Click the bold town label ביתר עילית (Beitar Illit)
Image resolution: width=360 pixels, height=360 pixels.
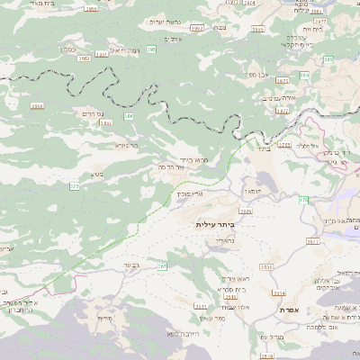214,224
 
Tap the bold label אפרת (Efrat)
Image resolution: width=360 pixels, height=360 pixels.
290,310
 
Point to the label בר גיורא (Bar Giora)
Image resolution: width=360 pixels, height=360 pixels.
127,144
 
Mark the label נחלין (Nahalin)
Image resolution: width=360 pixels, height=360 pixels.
223,241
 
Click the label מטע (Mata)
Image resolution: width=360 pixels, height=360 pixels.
96,174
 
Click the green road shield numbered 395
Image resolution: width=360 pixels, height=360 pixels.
150,49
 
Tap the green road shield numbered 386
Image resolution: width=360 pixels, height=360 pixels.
129,116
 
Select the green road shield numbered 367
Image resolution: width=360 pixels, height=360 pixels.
163,266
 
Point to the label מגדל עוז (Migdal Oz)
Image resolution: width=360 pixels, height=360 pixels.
271,336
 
